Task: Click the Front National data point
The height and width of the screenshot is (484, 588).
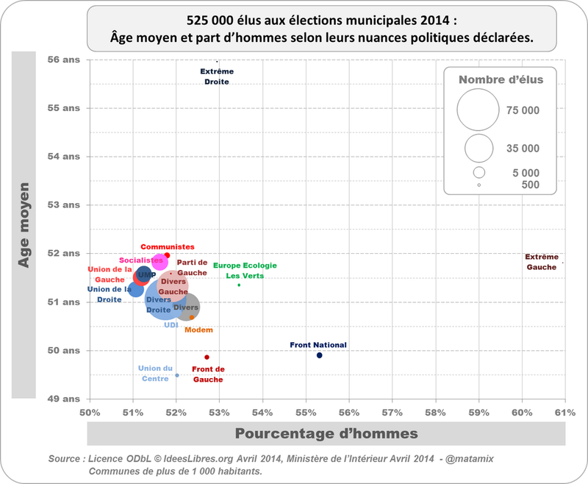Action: click(320, 355)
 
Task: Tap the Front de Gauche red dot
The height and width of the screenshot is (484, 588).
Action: click(207, 357)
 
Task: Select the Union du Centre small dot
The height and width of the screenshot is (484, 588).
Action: click(177, 375)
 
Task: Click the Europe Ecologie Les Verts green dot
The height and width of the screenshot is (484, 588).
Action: click(239, 285)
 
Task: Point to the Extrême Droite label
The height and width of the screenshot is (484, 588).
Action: click(217, 76)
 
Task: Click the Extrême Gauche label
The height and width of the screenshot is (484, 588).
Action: click(542, 262)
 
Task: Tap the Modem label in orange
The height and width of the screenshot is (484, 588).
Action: click(198, 330)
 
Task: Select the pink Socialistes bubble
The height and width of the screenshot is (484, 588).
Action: click(159, 261)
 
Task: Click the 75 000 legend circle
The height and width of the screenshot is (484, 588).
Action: click(478, 110)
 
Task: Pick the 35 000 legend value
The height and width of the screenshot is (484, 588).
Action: click(523, 149)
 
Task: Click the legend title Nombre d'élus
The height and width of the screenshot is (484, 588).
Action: click(501, 79)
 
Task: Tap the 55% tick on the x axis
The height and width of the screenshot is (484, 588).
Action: click(306, 411)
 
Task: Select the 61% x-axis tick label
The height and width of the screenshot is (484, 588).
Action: click(565, 411)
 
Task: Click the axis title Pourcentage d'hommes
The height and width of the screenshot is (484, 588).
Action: click(326, 433)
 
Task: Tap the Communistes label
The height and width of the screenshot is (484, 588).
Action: click(168, 247)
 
